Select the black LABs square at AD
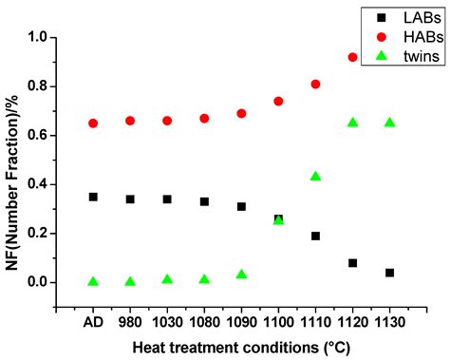(93, 197)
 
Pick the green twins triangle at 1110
(315, 176)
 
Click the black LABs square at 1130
(389, 273)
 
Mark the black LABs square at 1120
(353, 262)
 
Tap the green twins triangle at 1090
(241, 274)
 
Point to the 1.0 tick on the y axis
(35, 38)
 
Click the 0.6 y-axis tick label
(35, 136)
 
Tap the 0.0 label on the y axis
(35, 282)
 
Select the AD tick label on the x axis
(93, 321)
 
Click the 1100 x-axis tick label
(278, 321)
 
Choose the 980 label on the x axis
(130, 321)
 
